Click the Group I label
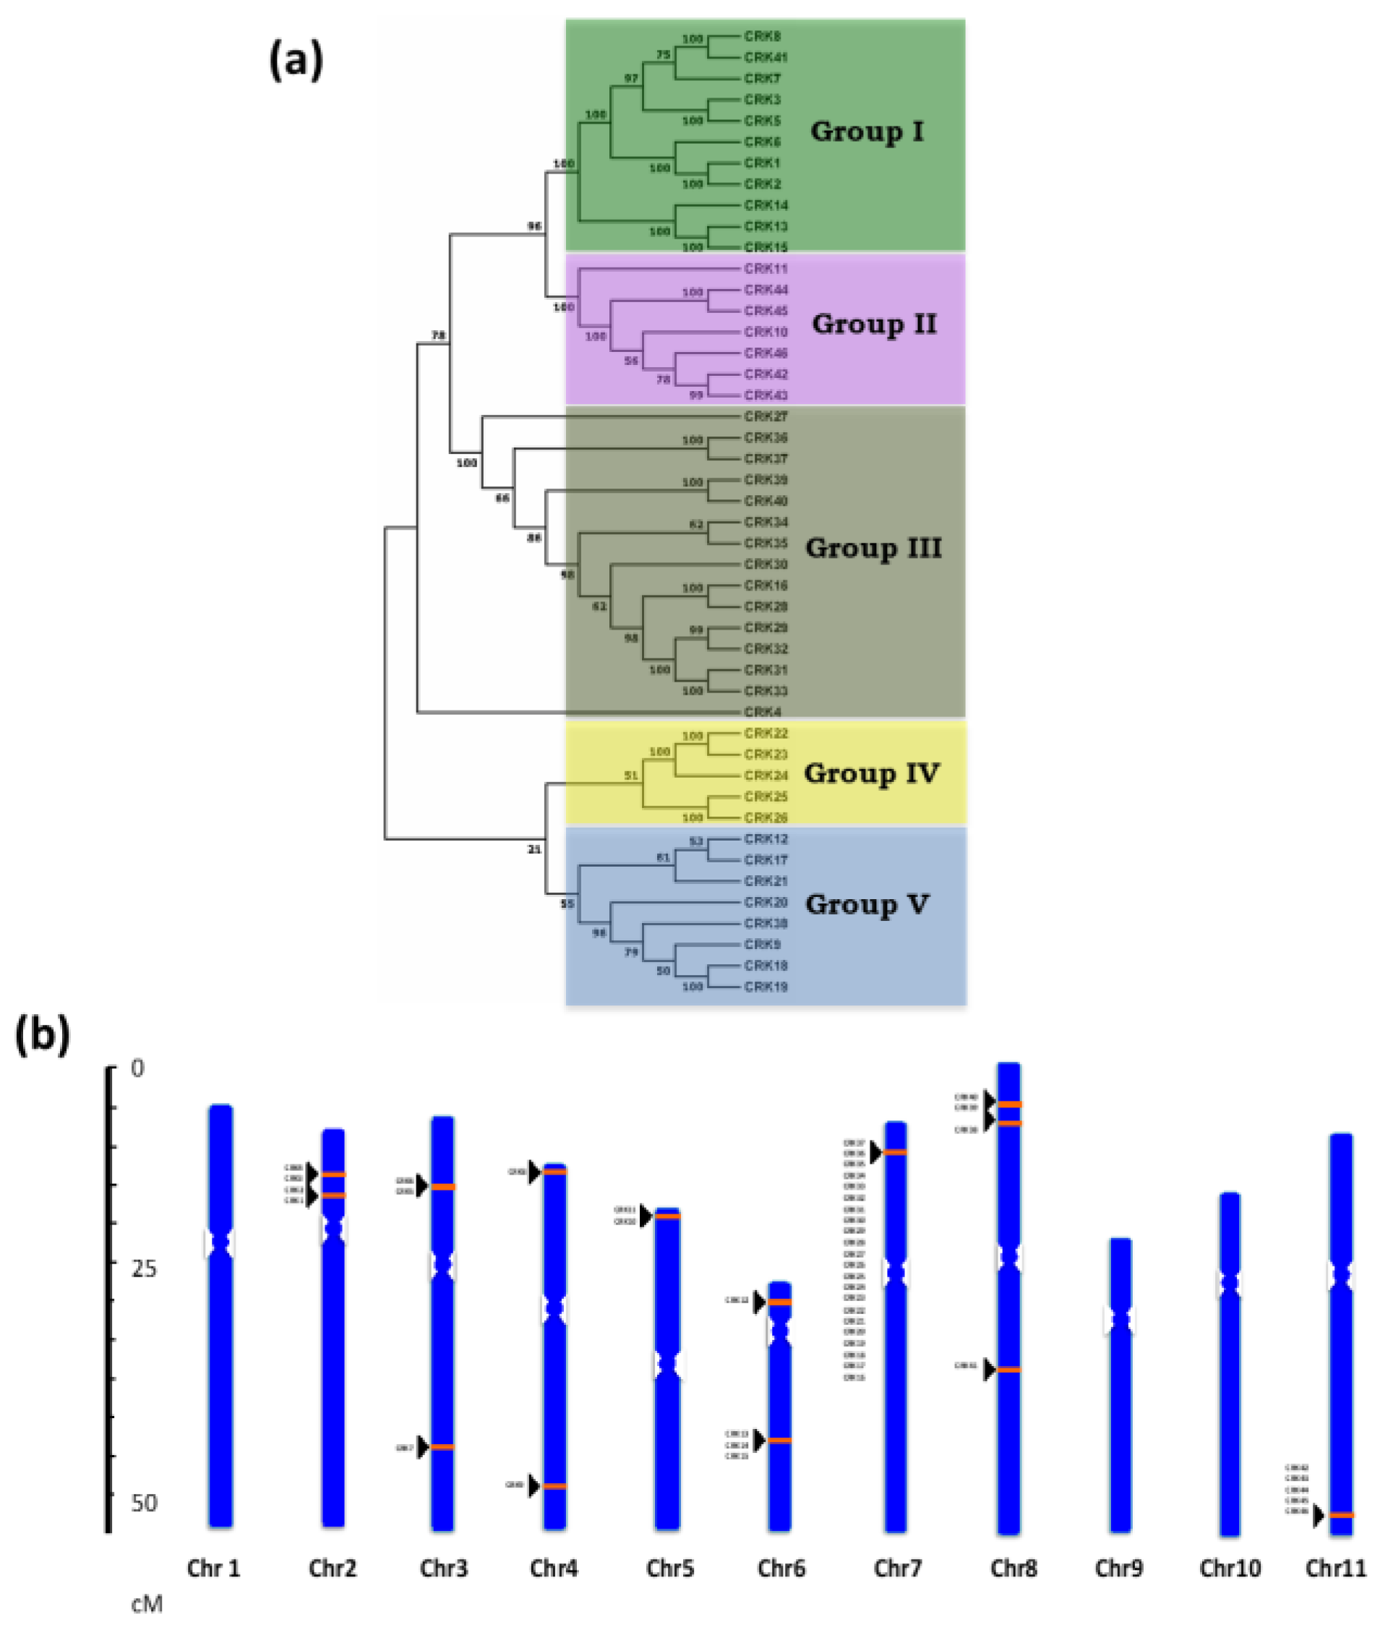(867, 132)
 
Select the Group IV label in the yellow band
(870, 773)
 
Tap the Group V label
(867, 904)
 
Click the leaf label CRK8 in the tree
(762, 37)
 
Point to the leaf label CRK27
(765, 417)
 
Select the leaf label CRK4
(762, 713)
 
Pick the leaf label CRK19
(765, 987)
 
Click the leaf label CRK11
(765, 269)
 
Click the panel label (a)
(296, 60)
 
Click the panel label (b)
(43, 1035)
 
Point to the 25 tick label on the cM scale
(143, 1268)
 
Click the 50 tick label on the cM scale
(143, 1503)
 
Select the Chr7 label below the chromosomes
(897, 1568)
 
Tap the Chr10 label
(1230, 1568)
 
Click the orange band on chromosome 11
(1342, 1516)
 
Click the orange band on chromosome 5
(667, 1216)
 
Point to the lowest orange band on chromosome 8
(1008, 1370)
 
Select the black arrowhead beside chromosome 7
(876, 1152)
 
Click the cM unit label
(146, 1605)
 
